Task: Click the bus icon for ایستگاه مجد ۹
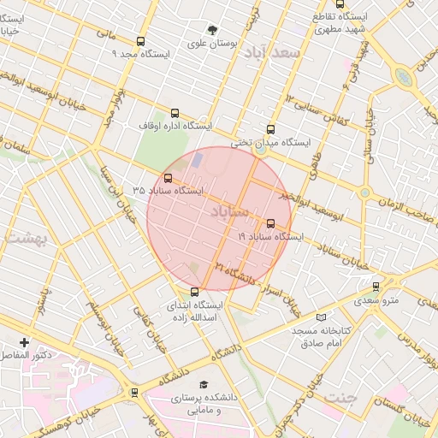click(140, 41)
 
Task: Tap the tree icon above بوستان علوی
click(213, 30)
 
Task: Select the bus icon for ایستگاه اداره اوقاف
click(175, 113)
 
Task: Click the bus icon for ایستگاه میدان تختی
click(271, 130)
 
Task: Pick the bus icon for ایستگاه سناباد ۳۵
click(167, 179)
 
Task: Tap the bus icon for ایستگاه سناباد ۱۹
click(271, 223)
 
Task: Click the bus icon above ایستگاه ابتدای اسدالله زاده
click(195, 292)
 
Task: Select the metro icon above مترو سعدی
click(376, 287)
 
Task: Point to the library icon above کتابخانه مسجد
click(321, 317)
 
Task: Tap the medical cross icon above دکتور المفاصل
click(24, 342)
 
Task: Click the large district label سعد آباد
click(272, 53)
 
